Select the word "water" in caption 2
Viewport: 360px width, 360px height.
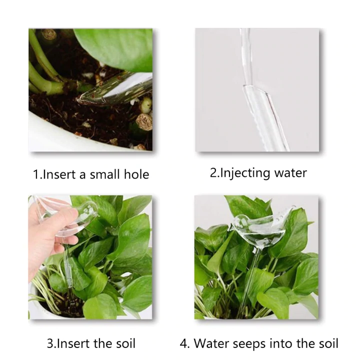click(289, 173)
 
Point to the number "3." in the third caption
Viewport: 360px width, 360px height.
click(52, 344)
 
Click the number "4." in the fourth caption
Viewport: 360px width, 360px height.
click(184, 344)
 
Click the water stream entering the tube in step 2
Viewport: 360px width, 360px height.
click(246, 55)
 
